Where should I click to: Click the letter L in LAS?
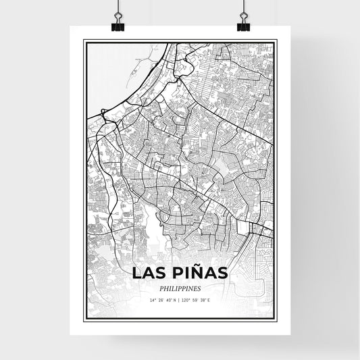[136, 273]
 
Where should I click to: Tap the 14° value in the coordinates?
[154, 300]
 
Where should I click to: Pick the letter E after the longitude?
[209, 300]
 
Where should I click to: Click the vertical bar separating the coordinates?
[179, 300]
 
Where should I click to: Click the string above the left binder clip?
[118, 7]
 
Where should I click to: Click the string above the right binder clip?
[243, 7]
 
